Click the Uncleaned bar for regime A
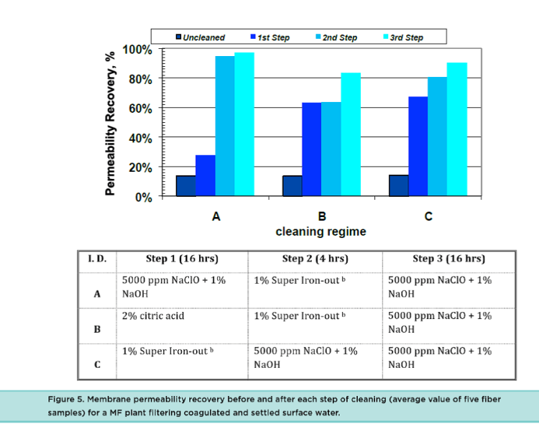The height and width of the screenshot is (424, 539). pyautogui.click(x=185, y=185)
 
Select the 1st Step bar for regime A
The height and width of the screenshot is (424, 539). pyautogui.click(x=205, y=175)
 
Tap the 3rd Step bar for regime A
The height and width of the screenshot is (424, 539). pyautogui.click(x=244, y=124)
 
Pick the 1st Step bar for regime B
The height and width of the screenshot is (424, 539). pyautogui.click(x=311, y=149)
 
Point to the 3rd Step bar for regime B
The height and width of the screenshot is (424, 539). pyautogui.click(x=351, y=134)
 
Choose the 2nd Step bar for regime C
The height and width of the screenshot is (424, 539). pyautogui.click(x=438, y=137)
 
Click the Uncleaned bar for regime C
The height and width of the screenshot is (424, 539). pyautogui.click(x=399, y=185)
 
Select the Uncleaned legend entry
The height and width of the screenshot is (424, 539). pyautogui.click(x=201, y=37)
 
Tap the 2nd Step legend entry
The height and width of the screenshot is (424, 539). pyautogui.click(x=337, y=37)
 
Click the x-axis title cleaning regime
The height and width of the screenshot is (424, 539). pyautogui.click(x=321, y=231)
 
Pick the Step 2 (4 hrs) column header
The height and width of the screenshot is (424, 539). pyautogui.click(x=315, y=259)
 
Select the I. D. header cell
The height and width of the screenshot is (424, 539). pyautogui.click(x=97, y=259)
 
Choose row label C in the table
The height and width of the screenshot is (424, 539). pyautogui.click(x=97, y=364)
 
